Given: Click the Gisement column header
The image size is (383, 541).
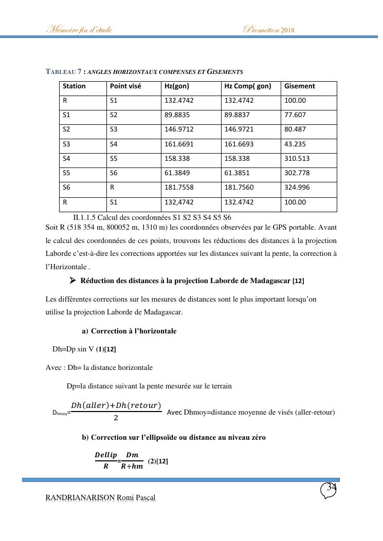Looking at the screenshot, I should pyautogui.click(x=299, y=86).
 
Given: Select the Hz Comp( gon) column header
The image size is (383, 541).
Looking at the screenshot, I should pyautogui.click(x=247, y=86).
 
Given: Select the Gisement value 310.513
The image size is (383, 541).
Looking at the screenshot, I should pyautogui.click(x=297, y=159).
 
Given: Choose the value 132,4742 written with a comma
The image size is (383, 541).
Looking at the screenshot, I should pyautogui.click(x=179, y=202).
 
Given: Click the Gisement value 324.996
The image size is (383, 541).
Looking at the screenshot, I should pyautogui.click(x=297, y=188).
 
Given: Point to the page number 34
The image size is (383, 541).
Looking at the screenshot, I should pyautogui.click(x=332, y=488).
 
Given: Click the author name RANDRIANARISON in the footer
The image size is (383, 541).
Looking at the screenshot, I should pyautogui.click(x=80, y=497).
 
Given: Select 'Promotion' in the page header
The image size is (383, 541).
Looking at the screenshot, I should pyautogui.click(x=261, y=29).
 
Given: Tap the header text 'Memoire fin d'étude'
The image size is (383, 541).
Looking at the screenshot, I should pyautogui.click(x=79, y=29).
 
